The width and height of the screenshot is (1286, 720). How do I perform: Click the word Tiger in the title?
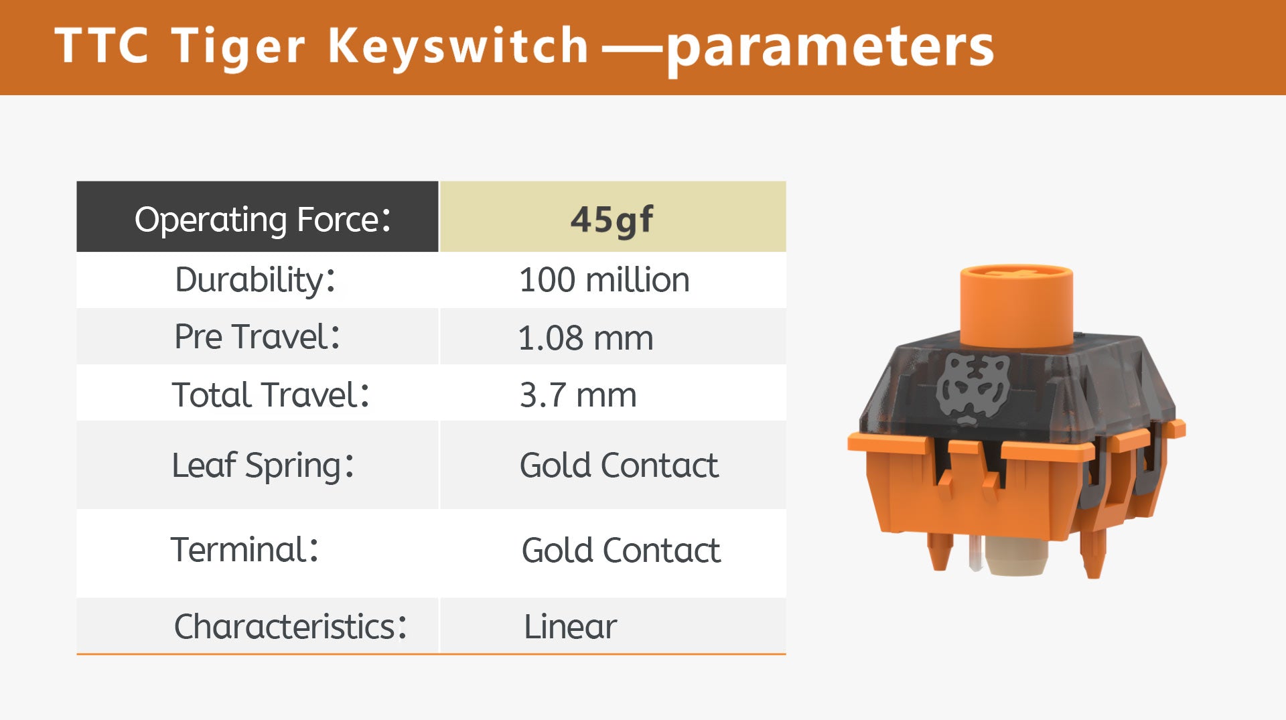tap(238, 47)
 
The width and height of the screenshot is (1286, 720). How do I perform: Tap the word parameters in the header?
tap(831, 48)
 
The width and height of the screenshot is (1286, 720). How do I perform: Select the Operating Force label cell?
tap(258, 216)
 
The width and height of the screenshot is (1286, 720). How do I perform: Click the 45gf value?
tap(612, 220)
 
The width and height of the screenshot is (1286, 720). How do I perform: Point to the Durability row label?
tap(255, 280)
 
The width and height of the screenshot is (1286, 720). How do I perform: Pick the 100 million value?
tap(604, 280)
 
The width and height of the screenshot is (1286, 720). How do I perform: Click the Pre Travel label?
tap(257, 336)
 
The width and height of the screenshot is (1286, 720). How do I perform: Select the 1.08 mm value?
tap(585, 338)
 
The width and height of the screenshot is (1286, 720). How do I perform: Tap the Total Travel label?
tap(271, 394)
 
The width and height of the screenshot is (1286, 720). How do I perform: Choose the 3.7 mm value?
tap(578, 395)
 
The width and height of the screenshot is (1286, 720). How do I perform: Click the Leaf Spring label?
tap(263, 465)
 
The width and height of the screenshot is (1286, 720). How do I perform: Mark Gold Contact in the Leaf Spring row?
tap(619, 465)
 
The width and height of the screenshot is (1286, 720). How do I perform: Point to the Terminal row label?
tap(244, 550)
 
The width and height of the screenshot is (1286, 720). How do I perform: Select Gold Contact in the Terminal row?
tap(621, 551)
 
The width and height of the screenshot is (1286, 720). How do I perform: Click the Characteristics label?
tap(290, 627)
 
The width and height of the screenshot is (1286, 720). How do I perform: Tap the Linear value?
tap(570, 627)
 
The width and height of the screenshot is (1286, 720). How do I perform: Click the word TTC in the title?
tap(101, 46)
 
